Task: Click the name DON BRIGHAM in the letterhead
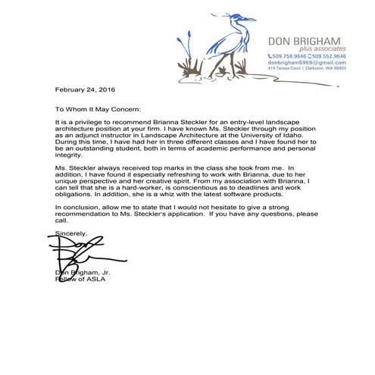point(306,41)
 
